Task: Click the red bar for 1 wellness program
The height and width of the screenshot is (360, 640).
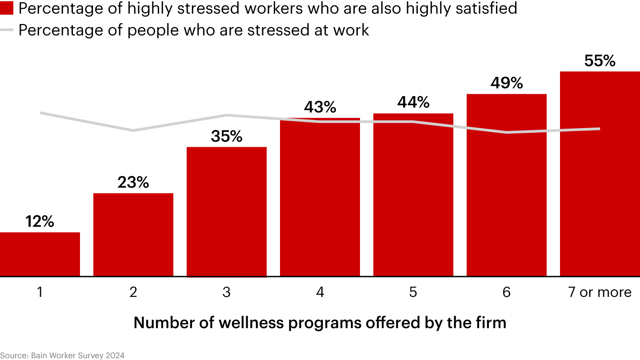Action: point(40,254)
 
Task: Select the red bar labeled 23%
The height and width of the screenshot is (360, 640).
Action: point(133,235)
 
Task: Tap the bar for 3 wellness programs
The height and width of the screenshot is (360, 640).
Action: point(227,212)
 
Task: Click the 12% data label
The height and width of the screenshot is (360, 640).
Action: point(40,221)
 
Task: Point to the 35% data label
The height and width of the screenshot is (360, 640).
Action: point(227,136)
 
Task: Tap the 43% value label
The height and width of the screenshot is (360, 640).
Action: point(320,107)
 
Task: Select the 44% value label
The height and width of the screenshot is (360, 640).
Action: point(413,103)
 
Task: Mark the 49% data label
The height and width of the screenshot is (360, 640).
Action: point(507,83)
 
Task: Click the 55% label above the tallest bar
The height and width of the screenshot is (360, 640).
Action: point(600,61)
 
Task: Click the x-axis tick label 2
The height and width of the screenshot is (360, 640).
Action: point(133,292)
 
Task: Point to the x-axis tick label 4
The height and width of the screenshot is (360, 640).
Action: point(320,292)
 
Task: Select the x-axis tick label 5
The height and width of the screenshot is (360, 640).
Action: point(413,292)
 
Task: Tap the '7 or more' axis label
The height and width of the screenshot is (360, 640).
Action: point(600,292)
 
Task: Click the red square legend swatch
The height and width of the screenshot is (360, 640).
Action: point(7,8)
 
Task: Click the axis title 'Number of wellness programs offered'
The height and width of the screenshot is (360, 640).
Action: point(320,322)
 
